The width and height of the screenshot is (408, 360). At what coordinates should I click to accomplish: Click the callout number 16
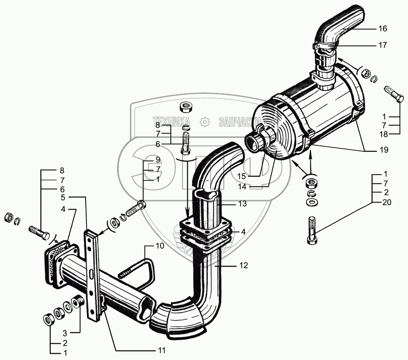point(382,29)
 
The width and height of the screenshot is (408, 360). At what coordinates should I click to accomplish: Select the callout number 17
point(382,45)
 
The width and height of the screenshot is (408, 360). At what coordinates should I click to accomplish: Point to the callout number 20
point(386,202)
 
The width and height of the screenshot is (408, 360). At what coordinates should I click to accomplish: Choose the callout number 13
point(243,204)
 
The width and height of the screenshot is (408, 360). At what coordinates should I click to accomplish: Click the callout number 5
point(64,198)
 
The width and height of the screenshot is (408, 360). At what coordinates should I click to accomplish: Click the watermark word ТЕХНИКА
point(172,121)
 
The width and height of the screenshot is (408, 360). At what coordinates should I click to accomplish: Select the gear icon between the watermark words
point(204,121)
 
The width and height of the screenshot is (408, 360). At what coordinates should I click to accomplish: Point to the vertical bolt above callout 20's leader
point(312,230)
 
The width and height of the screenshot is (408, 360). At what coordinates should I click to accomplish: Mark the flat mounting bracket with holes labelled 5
point(92,275)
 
